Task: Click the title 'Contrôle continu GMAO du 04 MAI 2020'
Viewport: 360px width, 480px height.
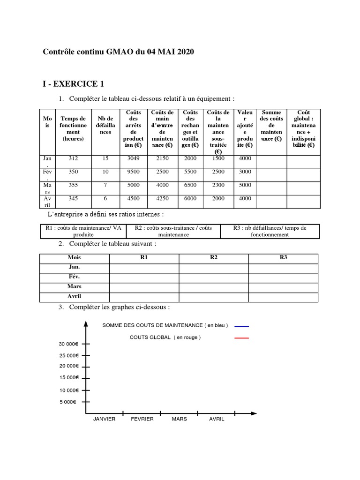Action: (x=119, y=52)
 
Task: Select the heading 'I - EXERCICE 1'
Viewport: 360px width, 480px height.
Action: (x=73, y=84)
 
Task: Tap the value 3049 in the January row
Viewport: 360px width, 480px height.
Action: (x=134, y=158)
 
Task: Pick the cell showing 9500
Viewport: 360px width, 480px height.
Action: (x=134, y=172)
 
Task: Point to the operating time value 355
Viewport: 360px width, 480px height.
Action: (x=73, y=185)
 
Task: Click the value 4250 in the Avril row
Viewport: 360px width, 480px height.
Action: (x=163, y=198)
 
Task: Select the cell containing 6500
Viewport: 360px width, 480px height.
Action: (x=190, y=185)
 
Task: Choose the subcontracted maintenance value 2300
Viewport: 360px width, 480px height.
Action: (x=218, y=185)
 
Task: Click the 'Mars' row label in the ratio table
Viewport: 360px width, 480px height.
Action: (x=74, y=286)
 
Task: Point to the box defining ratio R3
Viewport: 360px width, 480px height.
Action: (x=270, y=231)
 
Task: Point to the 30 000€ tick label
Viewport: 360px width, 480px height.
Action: (x=68, y=344)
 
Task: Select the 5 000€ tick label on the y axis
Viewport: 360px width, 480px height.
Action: (x=68, y=402)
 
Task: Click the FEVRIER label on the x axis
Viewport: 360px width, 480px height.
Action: (x=142, y=419)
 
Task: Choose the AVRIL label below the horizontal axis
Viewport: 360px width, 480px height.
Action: (x=217, y=419)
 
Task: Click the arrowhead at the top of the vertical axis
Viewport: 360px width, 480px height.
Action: (x=86, y=323)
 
